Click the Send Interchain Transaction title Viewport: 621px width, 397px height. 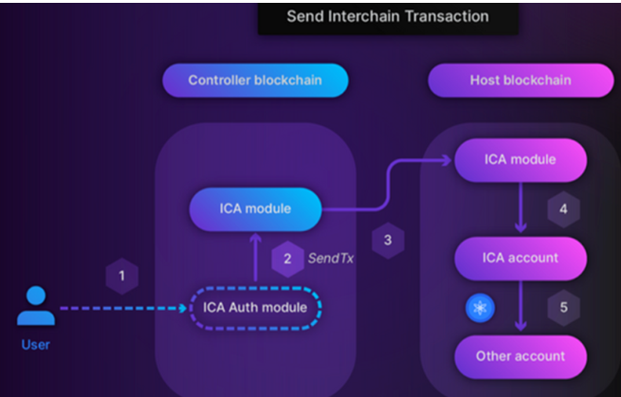point(388,16)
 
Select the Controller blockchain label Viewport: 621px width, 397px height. point(255,81)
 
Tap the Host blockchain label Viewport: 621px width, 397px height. point(521,81)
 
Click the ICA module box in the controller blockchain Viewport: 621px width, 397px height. point(255,208)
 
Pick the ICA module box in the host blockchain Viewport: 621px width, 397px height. point(521,158)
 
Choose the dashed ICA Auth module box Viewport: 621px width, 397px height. point(256,307)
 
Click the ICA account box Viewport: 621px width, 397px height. point(521,257)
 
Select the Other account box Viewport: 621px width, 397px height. point(521,357)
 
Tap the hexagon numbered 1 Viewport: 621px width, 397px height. point(121,276)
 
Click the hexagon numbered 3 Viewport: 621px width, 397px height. point(388,241)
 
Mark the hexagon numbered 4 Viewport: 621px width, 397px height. point(563,208)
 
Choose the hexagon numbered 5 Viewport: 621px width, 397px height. point(563,308)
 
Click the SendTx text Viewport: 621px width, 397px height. point(331,258)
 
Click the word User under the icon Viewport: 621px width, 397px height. point(36,345)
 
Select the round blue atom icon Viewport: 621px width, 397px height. point(478,308)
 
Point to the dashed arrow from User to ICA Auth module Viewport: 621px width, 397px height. point(123,308)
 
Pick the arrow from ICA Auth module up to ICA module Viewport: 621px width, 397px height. point(255,258)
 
